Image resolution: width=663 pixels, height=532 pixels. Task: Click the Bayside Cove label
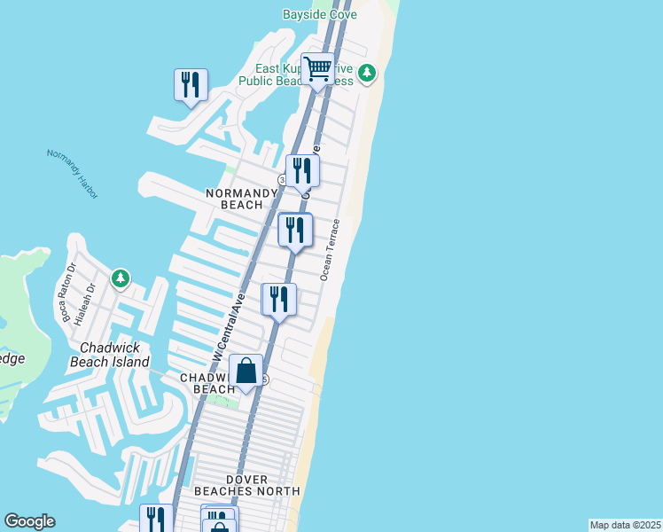(319, 15)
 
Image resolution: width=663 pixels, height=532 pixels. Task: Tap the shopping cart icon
(317, 68)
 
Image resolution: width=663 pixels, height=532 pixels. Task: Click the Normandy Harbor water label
(73, 173)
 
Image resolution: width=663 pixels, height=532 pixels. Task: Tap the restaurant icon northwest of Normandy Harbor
(191, 85)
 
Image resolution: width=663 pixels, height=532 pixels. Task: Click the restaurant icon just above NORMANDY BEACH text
(302, 170)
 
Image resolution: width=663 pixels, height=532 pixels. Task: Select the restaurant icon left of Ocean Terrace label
(295, 230)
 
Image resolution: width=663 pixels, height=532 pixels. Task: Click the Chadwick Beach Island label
(110, 356)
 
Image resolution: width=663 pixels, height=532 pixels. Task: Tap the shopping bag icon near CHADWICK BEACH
(246, 371)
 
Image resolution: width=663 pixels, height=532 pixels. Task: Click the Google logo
(29, 521)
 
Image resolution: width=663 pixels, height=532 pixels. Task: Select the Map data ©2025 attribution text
(625, 525)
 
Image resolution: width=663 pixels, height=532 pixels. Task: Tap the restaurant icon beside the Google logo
(156, 519)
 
